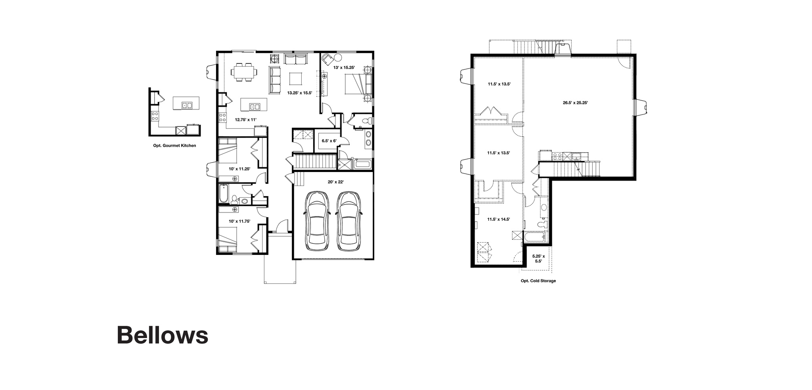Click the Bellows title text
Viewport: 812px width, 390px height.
pyautogui.click(x=162, y=335)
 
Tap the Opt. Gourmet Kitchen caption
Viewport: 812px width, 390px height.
pyautogui.click(x=174, y=145)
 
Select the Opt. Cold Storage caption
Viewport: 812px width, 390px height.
pyautogui.click(x=538, y=281)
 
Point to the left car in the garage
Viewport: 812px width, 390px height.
pyautogui.click(x=316, y=221)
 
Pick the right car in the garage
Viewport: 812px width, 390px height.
pyautogui.click(x=349, y=221)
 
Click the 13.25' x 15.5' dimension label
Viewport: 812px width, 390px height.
pyautogui.click(x=299, y=93)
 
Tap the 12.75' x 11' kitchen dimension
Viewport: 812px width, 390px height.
pyautogui.click(x=246, y=119)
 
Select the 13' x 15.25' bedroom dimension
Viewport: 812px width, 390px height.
pyautogui.click(x=344, y=68)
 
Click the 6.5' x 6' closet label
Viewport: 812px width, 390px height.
pyautogui.click(x=329, y=141)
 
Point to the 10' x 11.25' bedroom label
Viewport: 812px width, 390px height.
pyautogui.click(x=239, y=169)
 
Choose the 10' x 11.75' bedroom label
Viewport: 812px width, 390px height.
pyautogui.click(x=239, y=221)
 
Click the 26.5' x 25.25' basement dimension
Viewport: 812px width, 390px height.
pyautogui.click(x=575, y=102)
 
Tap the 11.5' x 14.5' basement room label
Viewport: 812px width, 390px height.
pyautogui.click(x=498, y=219)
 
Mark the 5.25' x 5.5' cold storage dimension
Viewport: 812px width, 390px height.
pyautogui.click(x=538, y=258)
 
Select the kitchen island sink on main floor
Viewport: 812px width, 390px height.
pyautogui.click(x=254, y=106)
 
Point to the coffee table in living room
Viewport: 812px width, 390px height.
pyautogui.click(x=295, y=78)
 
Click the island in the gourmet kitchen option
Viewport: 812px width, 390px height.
pyautogui.click(x=186, y=103)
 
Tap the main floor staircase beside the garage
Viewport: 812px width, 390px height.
pyautogui.click(x=314, y=162)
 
